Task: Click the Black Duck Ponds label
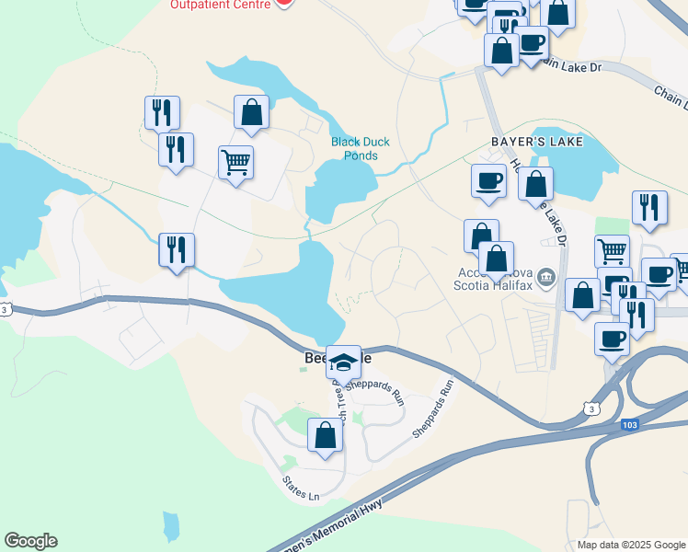(x=354, y=148)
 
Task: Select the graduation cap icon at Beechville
(x=343, y=362)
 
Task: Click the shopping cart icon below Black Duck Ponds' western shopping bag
(x=236, y=163)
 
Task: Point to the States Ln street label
(x=301, y=489)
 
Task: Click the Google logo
(x=30, y=541)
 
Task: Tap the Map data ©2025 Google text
(x=630, y=545)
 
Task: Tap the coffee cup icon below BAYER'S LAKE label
(x=488, y=180)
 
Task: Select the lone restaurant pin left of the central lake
(x=176, y=249)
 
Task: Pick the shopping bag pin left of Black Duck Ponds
(x=251, y=112)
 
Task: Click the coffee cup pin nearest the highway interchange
(x=612, y=339)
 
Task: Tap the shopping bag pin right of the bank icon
(x=582, y=295)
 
